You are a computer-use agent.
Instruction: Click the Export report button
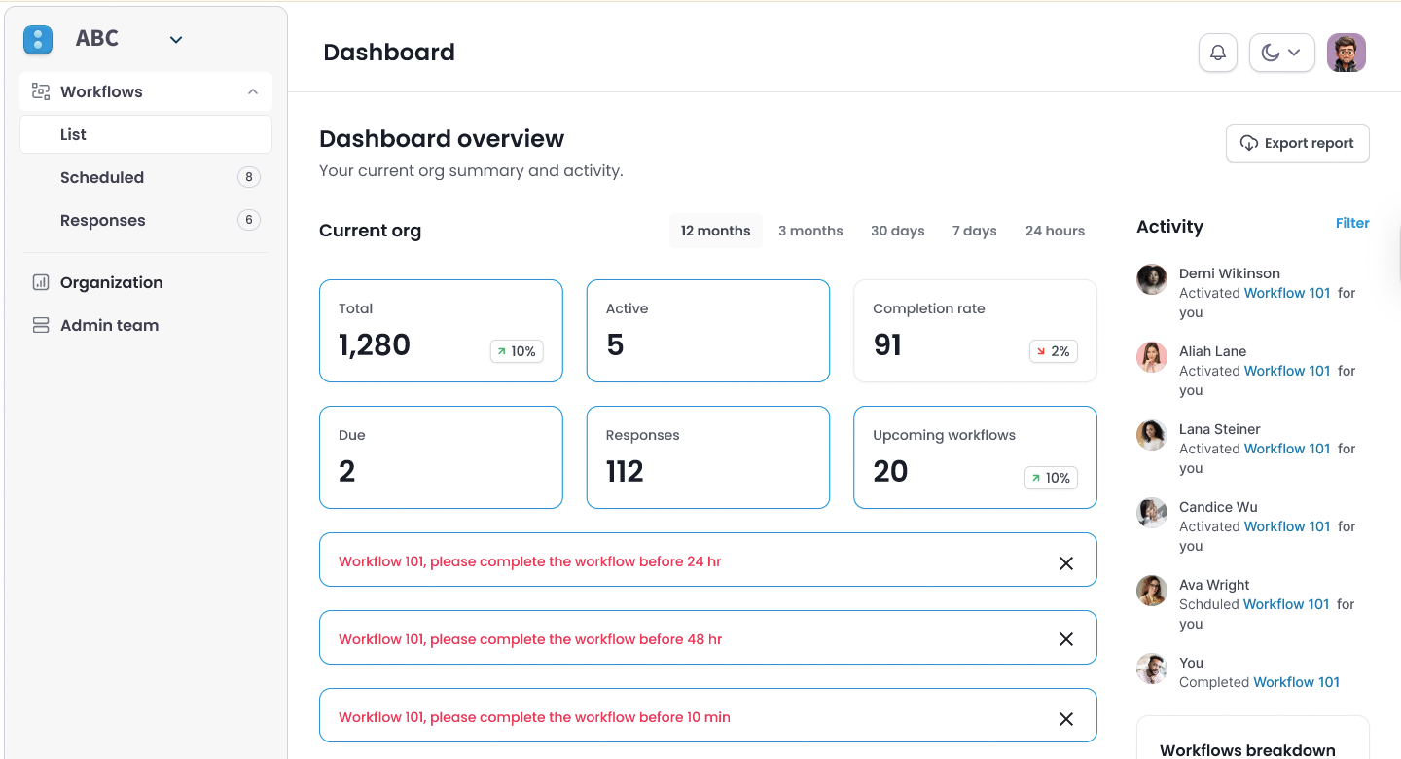pyautogui.click(x=1297, y=143)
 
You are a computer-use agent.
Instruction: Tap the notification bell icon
pyautogui.click(x=1218, y=53)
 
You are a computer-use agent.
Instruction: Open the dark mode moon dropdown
pyautogui.click(x=1281, y=53)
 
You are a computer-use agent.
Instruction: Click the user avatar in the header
pyautogui.click(x=1347, y=53)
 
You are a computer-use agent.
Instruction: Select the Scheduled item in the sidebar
pyautogui.click(x=102, y=177)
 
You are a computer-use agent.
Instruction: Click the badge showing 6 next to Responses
pyautogui.click(x=249, y=220)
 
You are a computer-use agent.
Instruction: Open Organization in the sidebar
pyautogui.click(x=111, y=282)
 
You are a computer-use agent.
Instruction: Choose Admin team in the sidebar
pyautogui.click(x=109, y=325)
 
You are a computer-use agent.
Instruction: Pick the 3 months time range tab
pyautogui.click(x=810, y=231)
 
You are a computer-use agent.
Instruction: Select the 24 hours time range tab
pyautogui.click(x=1055, y=231)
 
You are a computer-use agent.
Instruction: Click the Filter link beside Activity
pyautogui.click(x=1352, y=223)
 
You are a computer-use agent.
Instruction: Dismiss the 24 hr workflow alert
pyautogui.click(x=1066, y=562)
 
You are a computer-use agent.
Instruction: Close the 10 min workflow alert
pyautogui.click(x=1066, y=718)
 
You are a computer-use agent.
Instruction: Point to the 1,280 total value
pyautogui.click(x=375, y=344)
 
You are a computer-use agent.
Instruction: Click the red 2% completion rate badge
pyautogui.click(x=1053, y=351)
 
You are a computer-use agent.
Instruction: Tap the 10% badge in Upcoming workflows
pyautogui.click(x=1051, y=478)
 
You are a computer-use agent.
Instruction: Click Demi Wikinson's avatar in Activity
pyautogui.click(x=1152, y=279)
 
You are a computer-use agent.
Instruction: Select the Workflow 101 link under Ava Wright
pyautogui.click(x=1286, y=604)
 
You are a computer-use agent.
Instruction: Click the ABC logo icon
pyautogui.click(x=38, y=40)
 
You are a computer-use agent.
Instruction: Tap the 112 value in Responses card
pyautogui.click(x=625, y=471)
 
